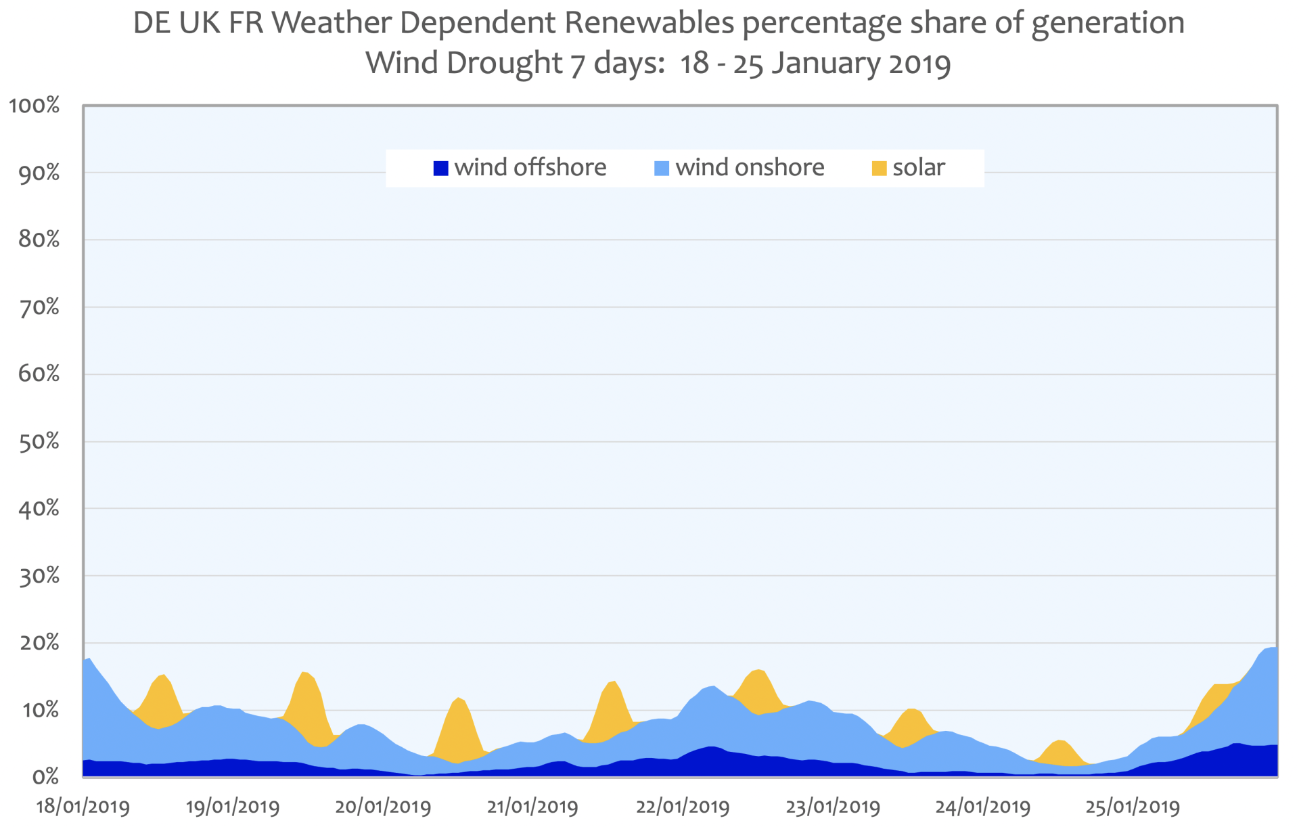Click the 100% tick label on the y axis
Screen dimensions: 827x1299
click(x=34, y=106)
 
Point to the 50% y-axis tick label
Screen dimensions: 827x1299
click(x=39, y=442)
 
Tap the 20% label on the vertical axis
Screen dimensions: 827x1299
click(x=39, y=643)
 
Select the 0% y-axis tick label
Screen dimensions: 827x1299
click(x=45, y=777)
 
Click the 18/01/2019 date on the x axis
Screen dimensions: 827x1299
click(x=83, y=807)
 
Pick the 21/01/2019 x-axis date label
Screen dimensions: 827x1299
click(x=532, y=807)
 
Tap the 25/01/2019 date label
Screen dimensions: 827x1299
click(x=1133, y=807)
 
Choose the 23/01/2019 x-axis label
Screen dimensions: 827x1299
click(x=833, y=807)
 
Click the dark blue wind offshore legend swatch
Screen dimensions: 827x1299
click(x=440, y=169)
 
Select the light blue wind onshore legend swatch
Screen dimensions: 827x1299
click(x=662, y=169)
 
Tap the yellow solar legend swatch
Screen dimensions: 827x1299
click(x=879, y=169)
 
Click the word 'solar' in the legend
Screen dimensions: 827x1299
click(x=918, y=168)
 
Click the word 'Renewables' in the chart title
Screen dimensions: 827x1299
click(x=649, y=23)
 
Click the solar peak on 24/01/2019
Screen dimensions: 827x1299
click(x=1060, y=742)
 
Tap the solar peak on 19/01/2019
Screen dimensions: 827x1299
click(x=305, y=673)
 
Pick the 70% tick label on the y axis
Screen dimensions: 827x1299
click(x=39, y=308)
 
